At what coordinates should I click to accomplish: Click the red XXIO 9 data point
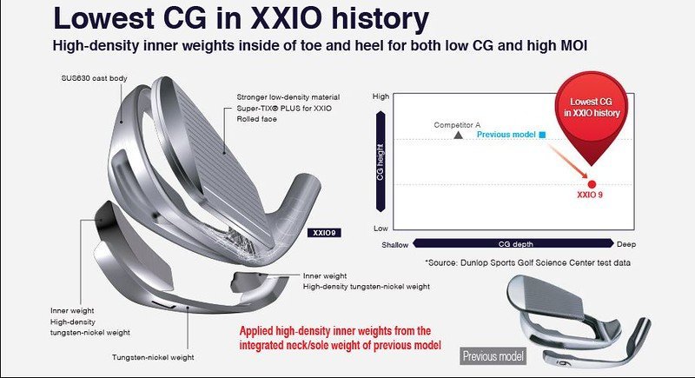592,184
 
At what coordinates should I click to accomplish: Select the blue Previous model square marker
542,135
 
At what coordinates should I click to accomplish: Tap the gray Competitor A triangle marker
459,135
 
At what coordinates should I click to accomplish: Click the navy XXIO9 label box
324,233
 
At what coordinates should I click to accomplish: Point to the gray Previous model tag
493,356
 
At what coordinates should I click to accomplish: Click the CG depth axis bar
513,243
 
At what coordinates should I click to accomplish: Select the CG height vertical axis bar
381,162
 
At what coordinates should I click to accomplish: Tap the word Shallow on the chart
395,245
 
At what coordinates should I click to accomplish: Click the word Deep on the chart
626,244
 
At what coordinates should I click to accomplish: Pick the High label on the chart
381,96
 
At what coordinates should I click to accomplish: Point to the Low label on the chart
381,229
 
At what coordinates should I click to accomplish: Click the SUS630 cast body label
94,78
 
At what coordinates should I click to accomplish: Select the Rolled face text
256,119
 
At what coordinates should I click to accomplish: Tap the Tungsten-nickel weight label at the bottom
153,357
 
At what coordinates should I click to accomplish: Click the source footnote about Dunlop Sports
527,262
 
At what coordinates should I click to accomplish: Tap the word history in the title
381,18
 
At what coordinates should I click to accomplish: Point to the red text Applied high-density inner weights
335,331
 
